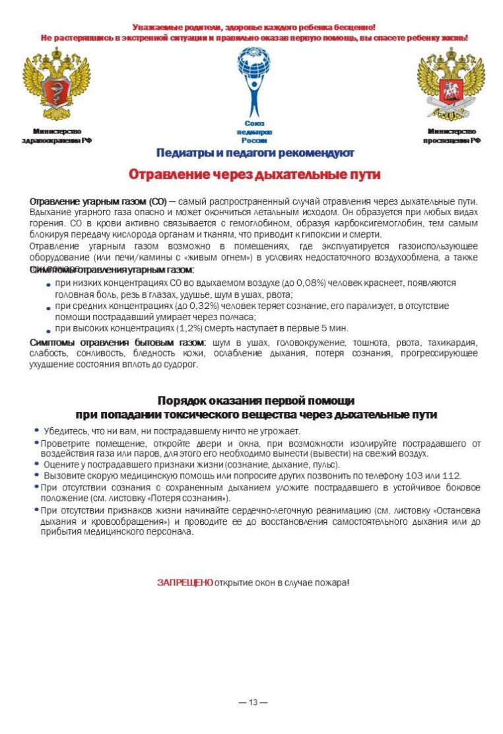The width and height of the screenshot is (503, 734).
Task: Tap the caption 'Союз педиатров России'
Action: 254,132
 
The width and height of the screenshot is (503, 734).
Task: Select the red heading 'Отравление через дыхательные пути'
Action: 254,174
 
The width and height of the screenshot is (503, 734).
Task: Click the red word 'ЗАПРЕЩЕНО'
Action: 185,582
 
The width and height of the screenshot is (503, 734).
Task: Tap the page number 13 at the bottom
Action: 253,702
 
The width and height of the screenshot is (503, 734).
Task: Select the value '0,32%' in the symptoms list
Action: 196,306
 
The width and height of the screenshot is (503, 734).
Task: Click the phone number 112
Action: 451,475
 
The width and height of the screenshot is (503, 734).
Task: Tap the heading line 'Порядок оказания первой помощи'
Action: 255,401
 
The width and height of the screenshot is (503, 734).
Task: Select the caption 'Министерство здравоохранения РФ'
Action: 57,136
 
